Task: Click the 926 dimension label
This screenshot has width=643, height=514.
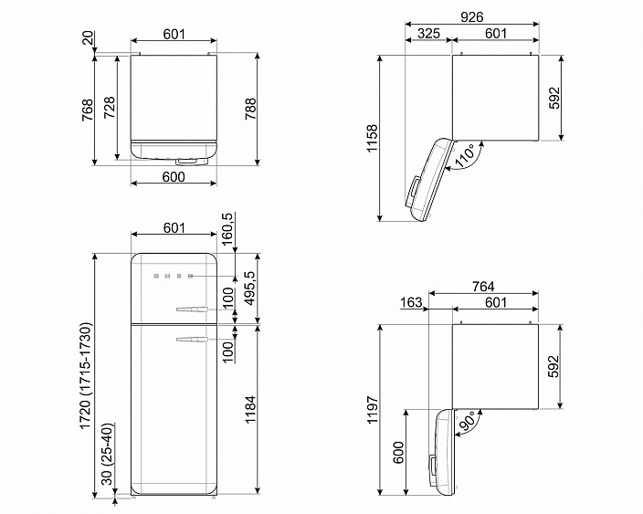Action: pos(472,16)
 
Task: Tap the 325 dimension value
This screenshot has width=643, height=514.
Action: pos(428,33)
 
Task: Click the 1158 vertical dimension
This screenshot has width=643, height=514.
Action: pos(373,138)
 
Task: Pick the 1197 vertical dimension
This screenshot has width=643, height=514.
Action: pos(373,410)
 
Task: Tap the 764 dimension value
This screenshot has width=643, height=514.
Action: pos(483,286)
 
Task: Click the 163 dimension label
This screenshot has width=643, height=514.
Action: pos(411,302)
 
